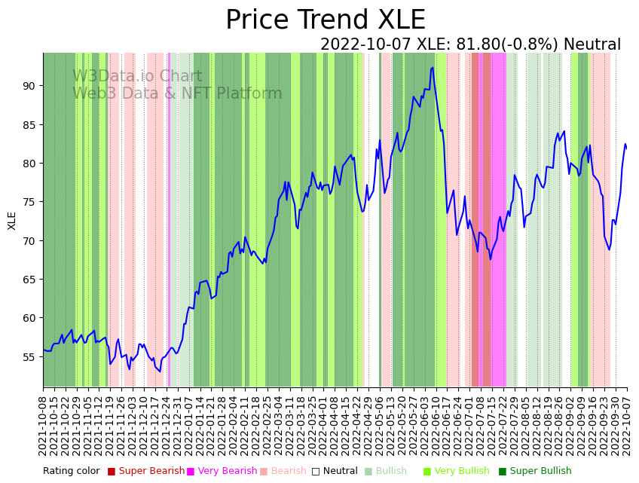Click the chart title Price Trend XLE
point(325,20)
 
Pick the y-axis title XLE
point(12,220)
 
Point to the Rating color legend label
point(71,472)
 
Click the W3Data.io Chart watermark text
point(137,77)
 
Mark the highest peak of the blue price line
point(433,68)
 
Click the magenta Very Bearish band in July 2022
point(498,219)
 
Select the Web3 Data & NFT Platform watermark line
point(177,94)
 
